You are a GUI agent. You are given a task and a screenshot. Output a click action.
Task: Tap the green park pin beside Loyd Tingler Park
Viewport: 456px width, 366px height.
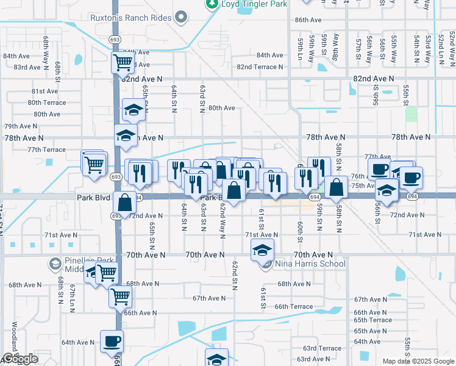click(212, 4)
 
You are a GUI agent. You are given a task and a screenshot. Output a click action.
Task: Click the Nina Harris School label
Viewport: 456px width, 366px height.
click(311, 264)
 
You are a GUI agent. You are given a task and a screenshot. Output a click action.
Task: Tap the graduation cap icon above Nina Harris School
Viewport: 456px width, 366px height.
click(263, 249)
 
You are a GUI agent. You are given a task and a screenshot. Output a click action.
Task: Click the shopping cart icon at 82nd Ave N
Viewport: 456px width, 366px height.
click(123, 62)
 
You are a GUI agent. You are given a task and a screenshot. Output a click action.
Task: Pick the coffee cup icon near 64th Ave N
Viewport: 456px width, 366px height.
click(112, 341)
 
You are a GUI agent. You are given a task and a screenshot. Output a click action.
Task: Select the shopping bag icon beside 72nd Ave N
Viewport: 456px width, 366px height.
click(124, 203)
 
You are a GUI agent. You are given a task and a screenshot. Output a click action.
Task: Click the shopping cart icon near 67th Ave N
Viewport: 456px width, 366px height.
click(120, 296)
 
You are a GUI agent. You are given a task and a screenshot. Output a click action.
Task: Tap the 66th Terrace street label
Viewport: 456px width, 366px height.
click(294, 307)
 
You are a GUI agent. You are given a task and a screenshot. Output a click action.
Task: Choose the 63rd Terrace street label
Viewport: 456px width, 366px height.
click(322, 348)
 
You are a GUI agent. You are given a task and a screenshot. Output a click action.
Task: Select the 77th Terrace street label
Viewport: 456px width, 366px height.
click(46, 149)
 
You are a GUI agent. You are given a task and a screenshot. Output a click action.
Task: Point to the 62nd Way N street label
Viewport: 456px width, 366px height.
click(223, 212)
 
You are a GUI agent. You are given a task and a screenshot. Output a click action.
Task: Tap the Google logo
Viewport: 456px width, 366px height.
click(20, 359)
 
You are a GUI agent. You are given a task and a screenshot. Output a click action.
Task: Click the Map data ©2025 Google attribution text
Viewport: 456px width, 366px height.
click(418, 361)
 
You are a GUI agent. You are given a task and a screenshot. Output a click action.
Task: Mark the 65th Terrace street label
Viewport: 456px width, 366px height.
click(372, 320)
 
